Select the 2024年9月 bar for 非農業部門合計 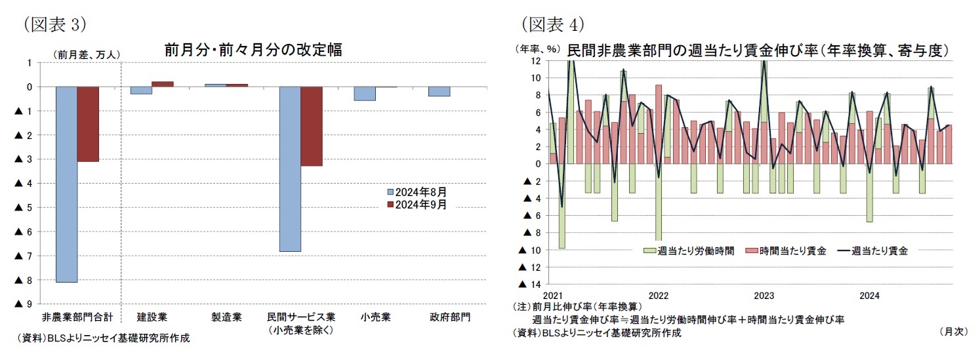click(88, 124)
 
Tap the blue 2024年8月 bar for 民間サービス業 click(290, 169)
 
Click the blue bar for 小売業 click(365, 94)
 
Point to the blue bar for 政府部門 click(439, 91)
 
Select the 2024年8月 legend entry click(418, 192)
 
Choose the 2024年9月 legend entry click(418, 204)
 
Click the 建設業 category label click(152, 317)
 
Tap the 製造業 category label click(226, 317)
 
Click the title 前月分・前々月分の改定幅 click(253, 50)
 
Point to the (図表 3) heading click(55, 25)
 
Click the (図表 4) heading click(552, 25)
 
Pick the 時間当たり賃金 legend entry click(787, 250)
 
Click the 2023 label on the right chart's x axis click(764, 295)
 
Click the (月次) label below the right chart click(952, 332)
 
